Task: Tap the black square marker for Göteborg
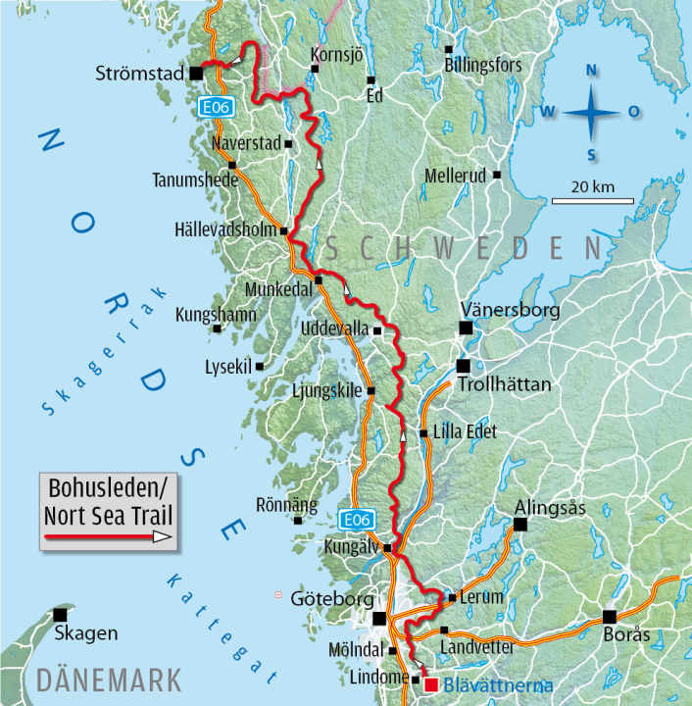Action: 380,618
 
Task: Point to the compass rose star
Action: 591,112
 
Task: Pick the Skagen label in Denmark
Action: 86,633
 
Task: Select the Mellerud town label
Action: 457,176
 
